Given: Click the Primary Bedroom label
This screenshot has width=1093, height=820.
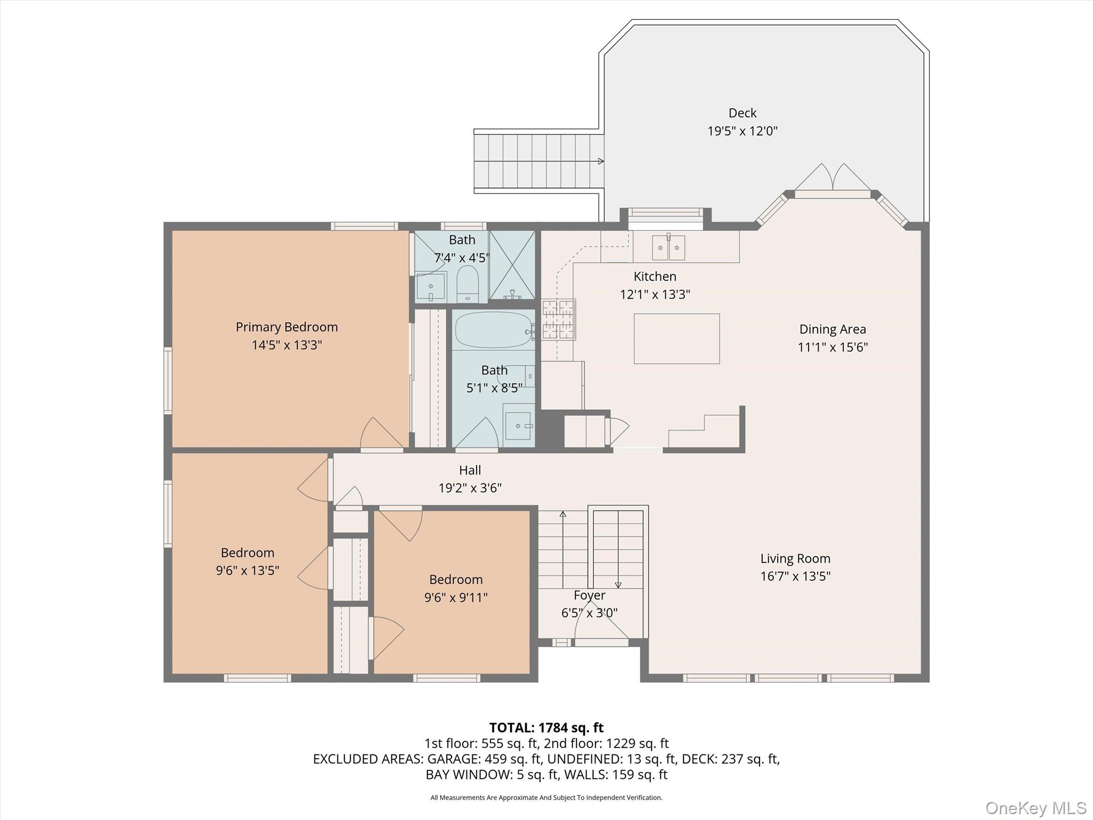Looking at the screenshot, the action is pyautogui.click(x=287, y=327).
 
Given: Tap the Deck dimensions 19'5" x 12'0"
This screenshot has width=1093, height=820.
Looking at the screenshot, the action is pyautogui.click(x=742, y=131).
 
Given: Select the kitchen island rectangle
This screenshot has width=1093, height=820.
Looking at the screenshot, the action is pyautogui.click(x=677, y=338).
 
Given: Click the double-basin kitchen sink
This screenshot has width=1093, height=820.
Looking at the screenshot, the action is pyautogui.click(x=669, y=247).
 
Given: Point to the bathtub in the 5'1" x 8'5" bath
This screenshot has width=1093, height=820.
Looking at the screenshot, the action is pyautogui.click(x=494, y=330).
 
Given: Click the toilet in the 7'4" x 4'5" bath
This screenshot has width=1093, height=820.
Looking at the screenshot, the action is pyautogui.click(x=468, y=283).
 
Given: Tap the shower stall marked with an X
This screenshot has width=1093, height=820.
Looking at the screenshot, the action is pyautogui.click(x=512, y=265).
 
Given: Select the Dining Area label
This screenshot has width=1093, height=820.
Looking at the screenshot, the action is pyautogui.click(x=833, y=329).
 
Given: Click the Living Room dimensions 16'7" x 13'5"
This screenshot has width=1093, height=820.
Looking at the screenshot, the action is pyautogui.click(x=795, y=576).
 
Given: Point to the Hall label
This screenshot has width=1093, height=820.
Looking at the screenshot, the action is pyautogui.click(x=470, y=470).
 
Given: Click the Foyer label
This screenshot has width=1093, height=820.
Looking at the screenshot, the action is pyautogui.click(x=590, y=595).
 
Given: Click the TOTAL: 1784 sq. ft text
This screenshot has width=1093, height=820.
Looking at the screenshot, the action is pyautogui.click(x=546, y=728).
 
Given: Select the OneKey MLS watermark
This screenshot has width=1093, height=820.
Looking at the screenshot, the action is pyautogui.click(x=1035, y=808).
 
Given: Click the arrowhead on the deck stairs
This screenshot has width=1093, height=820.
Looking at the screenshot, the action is pyautogui.click(x=601, y=161).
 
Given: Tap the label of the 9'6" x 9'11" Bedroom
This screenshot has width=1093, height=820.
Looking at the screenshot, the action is pyautogui.click(x=456, y=579).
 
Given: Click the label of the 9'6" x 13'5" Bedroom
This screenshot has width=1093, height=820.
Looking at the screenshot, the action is pyautogui.click(x=248, y=553).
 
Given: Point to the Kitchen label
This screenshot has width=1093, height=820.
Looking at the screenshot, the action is pyautogui.click(x=655, y=277).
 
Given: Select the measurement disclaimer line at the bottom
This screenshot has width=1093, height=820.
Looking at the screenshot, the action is pyautogui.click(x=546, y=798).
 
